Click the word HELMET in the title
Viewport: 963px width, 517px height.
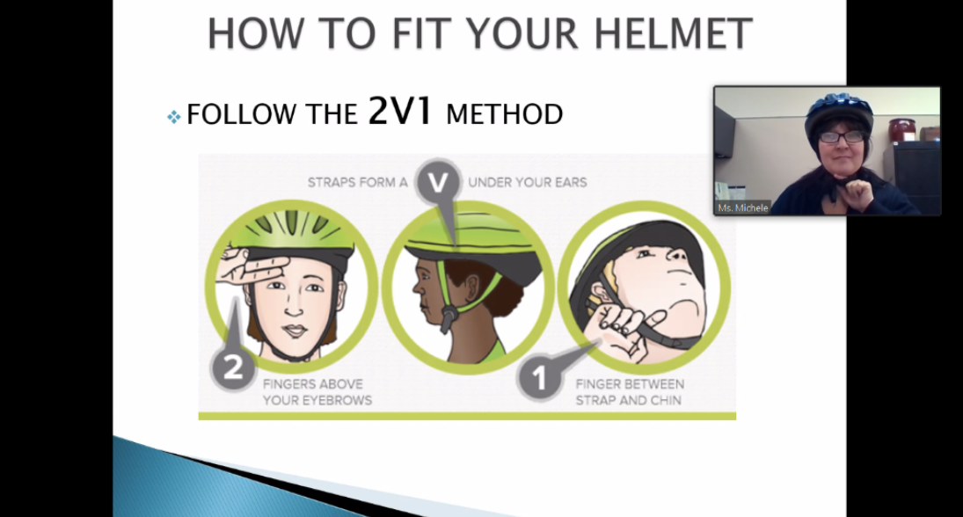(673, 33)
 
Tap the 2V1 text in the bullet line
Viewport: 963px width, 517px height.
(400, 111)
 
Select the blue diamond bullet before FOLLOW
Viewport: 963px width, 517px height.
(174, 116)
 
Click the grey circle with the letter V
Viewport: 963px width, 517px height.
(438, 182)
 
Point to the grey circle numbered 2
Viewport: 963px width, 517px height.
(233, 368)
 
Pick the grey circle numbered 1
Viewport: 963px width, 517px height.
(539, 377)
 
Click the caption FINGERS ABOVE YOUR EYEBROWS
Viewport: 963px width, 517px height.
(317, 392)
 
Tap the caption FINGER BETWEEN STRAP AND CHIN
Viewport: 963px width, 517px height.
(630, 392)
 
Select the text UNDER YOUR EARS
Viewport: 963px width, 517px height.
(528, 182)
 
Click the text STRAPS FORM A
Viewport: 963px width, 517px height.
(357, 182)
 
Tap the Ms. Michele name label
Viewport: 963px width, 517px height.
(743, 208)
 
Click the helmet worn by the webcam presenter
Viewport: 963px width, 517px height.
(839, 112)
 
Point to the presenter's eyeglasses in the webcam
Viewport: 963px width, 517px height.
(841, 137)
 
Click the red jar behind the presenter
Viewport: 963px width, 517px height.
(901, 130)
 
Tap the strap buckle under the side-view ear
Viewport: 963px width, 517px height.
(449, 317)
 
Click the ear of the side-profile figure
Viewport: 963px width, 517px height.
(473, 284)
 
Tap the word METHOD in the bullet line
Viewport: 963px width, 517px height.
(504, 115)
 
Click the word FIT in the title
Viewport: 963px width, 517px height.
(423, 33)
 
